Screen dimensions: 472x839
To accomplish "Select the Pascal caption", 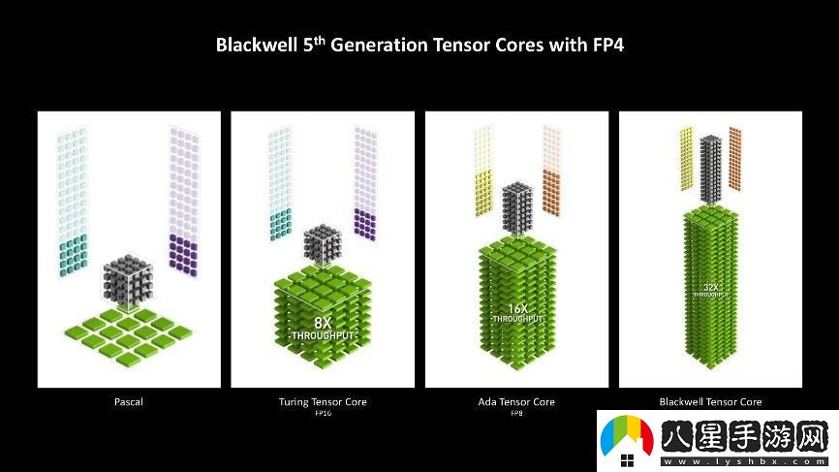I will [129, 401].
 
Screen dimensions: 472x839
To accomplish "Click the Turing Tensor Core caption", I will [323, 401].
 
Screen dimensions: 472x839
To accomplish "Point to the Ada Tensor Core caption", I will [516, 401].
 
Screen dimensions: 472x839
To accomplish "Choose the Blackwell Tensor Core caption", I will [710, 401].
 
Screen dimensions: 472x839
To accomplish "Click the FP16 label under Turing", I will [323, 413].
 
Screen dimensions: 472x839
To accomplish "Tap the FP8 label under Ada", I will [516, 413].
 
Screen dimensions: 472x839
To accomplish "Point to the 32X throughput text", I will [710, 289].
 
